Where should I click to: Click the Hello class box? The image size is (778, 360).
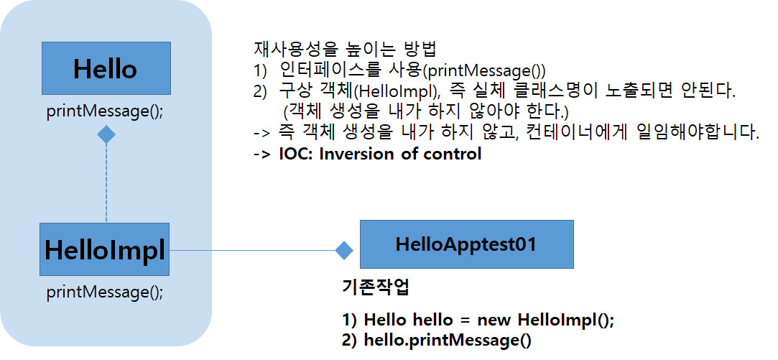[x=106, y=69]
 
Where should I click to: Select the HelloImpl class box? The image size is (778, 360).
[x=105, y=249]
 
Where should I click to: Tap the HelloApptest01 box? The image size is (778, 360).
[x=466, y=244]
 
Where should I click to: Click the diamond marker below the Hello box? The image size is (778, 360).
[x=106, y=134]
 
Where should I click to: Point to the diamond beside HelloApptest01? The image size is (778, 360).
[x=345, y=250]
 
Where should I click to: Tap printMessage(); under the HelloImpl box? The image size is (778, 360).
[x=105, y=292]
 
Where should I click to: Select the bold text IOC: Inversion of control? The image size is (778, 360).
[x=380, y=154]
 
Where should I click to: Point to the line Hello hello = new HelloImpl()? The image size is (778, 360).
[x=478, y=320]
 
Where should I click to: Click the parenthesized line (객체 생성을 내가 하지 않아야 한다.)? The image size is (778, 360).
[x=425, y=113]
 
